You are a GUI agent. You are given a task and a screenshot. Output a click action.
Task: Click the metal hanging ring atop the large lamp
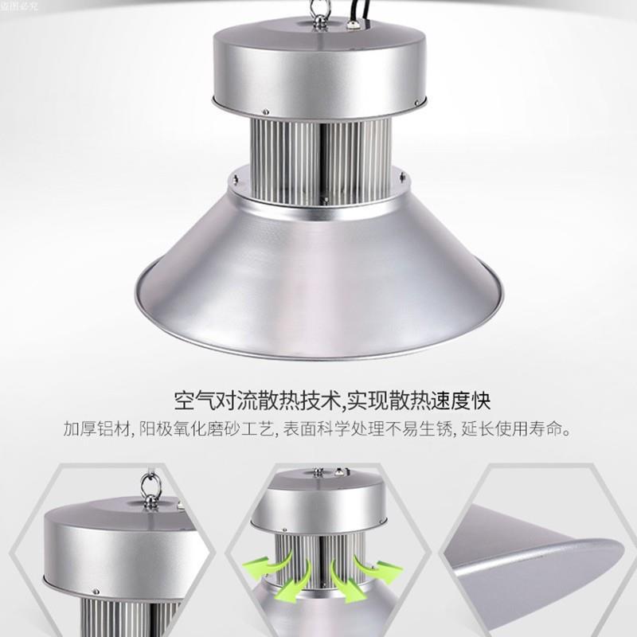[x=303, y=12]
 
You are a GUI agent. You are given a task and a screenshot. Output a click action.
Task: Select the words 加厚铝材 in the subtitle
[x=90, y=431]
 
